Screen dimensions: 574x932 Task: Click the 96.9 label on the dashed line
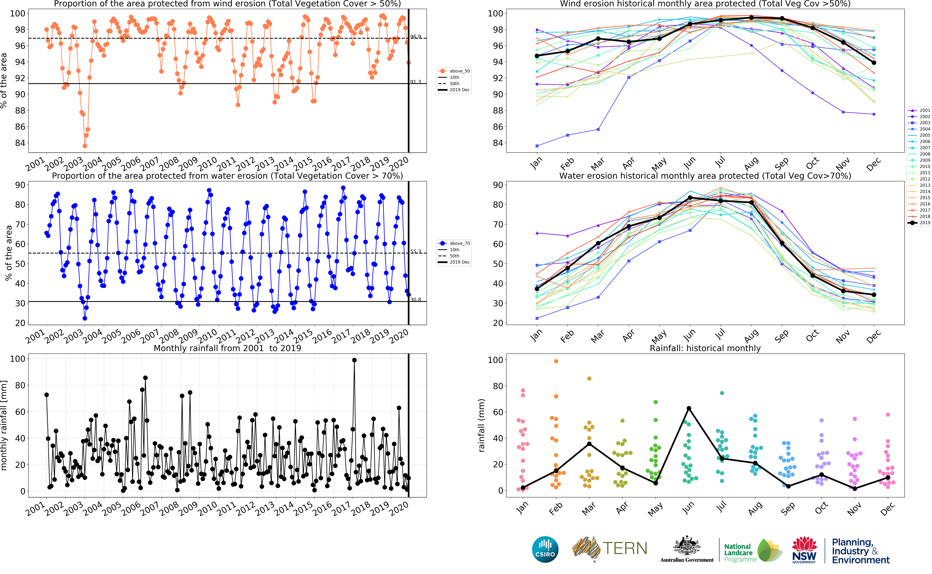[x=416, y=36]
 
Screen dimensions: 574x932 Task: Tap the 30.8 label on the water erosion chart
[x=416, y=300]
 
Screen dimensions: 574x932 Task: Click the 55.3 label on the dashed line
[x=416, y=251]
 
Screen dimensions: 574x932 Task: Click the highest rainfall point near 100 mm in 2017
[x=354, y=360]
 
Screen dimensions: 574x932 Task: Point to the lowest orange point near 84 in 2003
[x=85, y=146]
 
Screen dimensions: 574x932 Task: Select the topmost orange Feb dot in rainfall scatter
[x=556, y=361]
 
